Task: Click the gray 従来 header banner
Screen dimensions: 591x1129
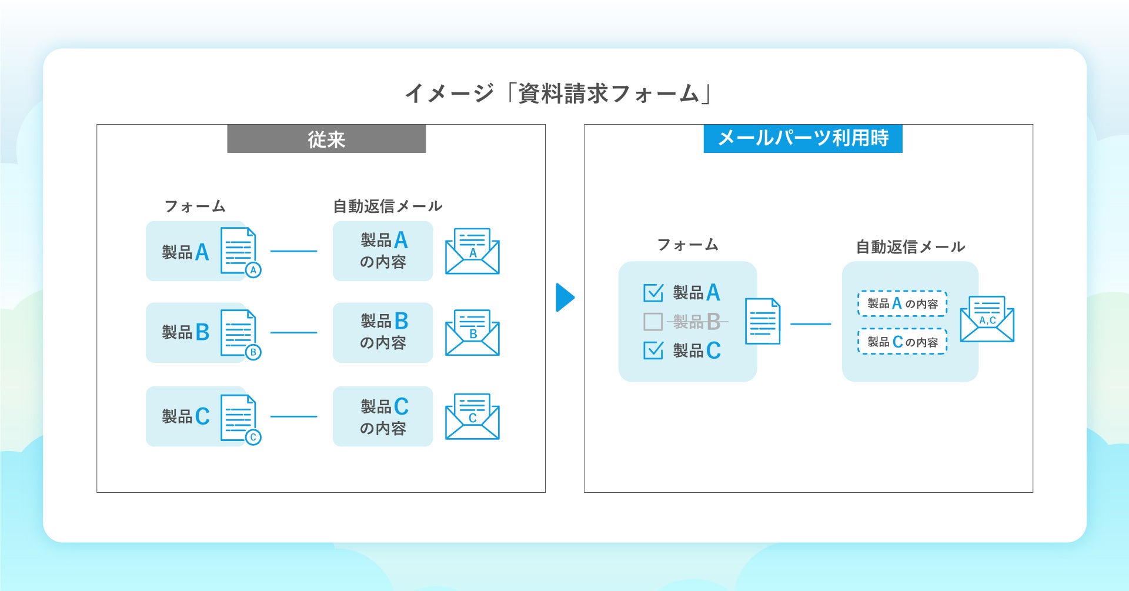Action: coord(326,139)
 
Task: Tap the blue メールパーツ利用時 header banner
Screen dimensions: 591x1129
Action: coord(803,139)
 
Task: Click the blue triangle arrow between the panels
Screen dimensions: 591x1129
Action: coord(564,298)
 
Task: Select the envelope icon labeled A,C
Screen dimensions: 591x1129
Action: coord(987,319)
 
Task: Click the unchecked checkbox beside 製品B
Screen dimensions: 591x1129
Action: coord(653,322)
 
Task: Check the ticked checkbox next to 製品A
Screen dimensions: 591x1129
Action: coord(653,292)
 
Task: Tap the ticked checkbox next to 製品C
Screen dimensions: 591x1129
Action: coord(653,350)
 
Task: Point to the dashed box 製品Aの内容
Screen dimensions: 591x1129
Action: coord(902,303)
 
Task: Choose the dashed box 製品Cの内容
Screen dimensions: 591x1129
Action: coord(902,342)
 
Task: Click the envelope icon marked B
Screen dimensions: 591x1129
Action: coord(472,333)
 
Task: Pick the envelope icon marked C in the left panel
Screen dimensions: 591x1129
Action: coord(472,417)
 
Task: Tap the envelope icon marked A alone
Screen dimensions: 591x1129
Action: coord(472,252)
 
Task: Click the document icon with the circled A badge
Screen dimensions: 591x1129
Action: coord(239,251)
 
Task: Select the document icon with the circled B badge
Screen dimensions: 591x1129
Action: coord(239,333)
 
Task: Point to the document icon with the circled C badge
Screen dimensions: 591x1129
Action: coord(239,418)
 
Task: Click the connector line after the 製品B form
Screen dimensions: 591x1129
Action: coord(293,333)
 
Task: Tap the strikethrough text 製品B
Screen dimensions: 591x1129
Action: coord(697,322)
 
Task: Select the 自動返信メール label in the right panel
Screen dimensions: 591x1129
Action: coord(910,247)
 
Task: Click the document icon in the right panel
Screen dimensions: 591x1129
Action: coord(763,321)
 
